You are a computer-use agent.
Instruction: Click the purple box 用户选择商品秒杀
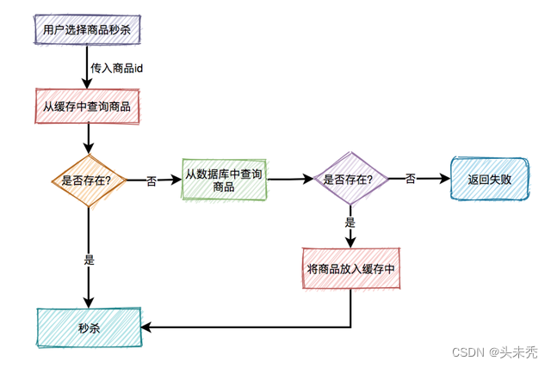click(86, 30)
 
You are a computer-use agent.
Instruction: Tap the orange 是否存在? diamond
click(89, 180)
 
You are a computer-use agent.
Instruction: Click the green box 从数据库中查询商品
click(223, 180)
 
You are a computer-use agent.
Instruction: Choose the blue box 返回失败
click(488, 180)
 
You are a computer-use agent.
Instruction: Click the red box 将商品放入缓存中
click(351, 268)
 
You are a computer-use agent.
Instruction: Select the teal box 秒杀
click(89, 327)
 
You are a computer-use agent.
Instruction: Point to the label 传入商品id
click(116, 67)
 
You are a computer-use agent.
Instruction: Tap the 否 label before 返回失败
click(411, 179)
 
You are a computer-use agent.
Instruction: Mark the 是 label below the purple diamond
click(350, 222)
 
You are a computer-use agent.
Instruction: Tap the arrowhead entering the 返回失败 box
click(445, 180)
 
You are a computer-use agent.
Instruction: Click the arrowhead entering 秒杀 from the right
click(146, 327)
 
